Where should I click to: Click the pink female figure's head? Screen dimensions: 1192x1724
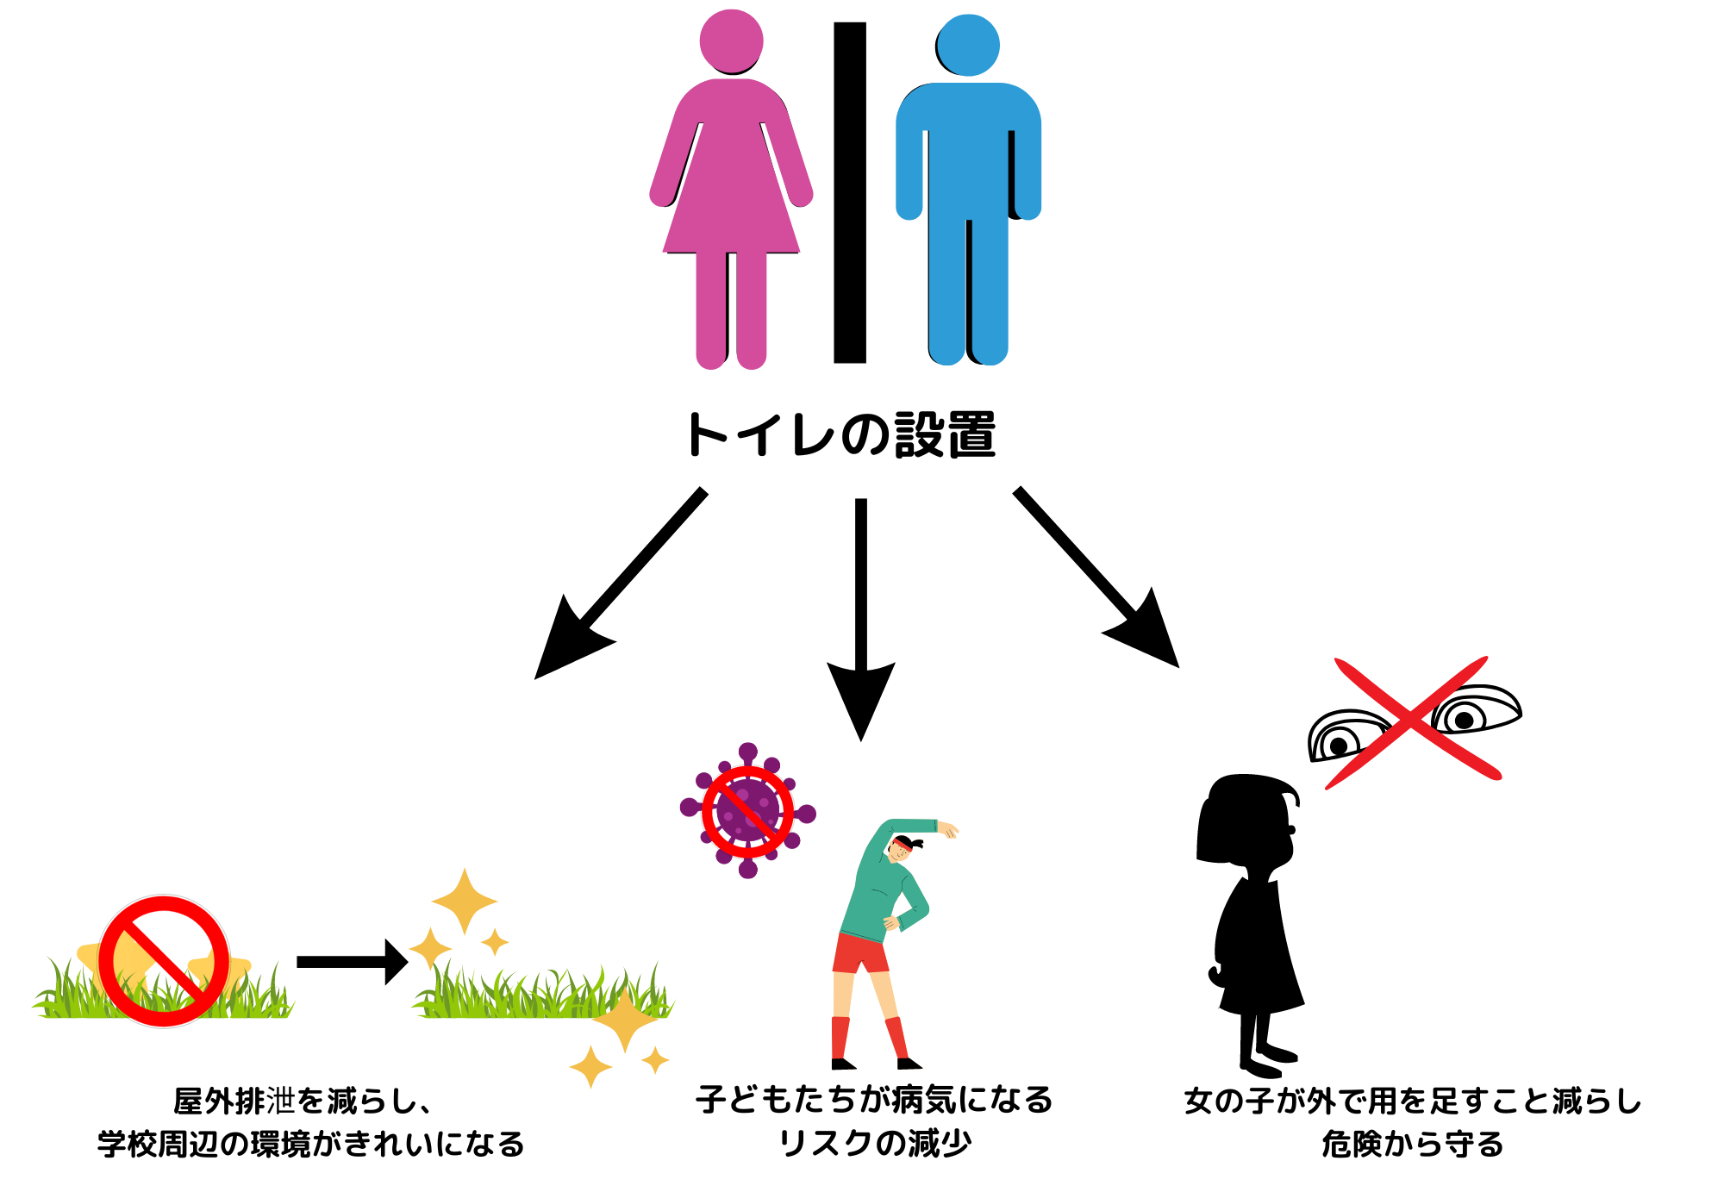tap(731, 41)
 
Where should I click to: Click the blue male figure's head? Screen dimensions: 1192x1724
tap(967, 45)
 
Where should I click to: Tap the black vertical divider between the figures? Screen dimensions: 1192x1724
tap(849, 192)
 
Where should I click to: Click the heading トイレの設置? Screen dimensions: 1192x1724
tap(840, 434)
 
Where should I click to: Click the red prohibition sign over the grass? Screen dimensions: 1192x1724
tap(164, 961)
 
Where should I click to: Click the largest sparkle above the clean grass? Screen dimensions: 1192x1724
tap(465, 902)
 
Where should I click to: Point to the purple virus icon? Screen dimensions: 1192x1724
tap(747, 810)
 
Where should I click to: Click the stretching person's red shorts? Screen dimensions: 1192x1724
tap(860, 953)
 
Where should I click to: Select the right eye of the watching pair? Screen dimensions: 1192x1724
tap(1474, 712)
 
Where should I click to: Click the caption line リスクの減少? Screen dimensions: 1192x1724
tap(874, 1144)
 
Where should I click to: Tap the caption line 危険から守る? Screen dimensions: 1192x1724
tap(1412, 1145)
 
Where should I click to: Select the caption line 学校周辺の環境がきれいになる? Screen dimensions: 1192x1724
tap(310, 1145)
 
